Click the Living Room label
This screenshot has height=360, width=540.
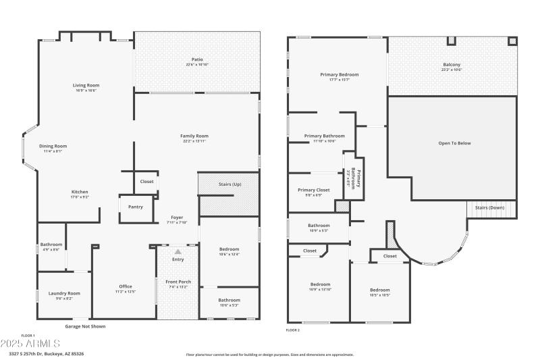click(x=86, y=85)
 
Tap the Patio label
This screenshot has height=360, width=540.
click(x=197, y=59)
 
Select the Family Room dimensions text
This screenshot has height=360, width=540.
click(x=194, y=141)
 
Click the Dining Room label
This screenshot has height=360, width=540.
click(x=53, y=146)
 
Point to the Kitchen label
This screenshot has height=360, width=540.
click(x=80, y=191)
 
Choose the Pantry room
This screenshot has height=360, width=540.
click(x=135, y=207)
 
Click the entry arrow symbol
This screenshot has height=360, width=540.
click(x=178, y=251)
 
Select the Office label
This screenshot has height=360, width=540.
click(x=126, y=286)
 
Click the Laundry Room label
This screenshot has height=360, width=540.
click(x=64, y=293)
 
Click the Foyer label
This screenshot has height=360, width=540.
click(x=177, y=217)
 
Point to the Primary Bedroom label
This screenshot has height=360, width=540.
click(x=340, y=74)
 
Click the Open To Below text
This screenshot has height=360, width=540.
click(x=454, y=143)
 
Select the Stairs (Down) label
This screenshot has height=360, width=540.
click(x=489, y=207)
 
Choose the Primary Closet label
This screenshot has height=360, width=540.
click(x=314, y=190)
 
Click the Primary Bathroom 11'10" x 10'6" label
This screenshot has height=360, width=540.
click(x=325, y=136)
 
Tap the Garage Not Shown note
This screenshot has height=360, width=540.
click(x=85, y=326)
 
